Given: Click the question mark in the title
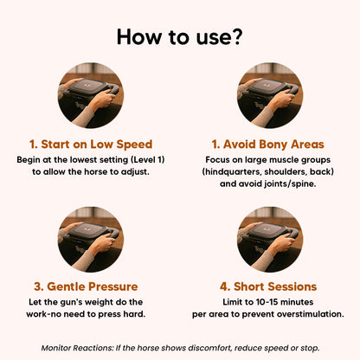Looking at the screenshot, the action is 236,36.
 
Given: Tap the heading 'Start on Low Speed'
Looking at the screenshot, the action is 97,145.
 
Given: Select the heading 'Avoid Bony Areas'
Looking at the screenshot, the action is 273,145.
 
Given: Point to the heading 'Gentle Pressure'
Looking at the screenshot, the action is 93,286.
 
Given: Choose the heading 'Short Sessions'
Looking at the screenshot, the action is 275,286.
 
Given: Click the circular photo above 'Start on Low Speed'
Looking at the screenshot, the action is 91,95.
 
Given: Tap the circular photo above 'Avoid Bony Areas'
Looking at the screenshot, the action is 270,95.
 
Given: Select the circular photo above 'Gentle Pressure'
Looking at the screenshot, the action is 91,239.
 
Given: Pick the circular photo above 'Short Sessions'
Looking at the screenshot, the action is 270,239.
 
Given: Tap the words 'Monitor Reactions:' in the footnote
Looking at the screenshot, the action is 78,348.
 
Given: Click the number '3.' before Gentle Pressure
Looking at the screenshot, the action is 39,286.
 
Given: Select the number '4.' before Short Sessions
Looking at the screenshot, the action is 225,286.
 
